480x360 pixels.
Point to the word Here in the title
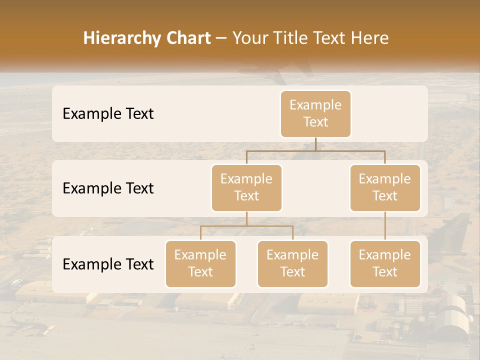tap(370, 38)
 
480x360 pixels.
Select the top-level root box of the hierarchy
tap(315, 113)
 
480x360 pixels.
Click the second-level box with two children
tap(246, 187)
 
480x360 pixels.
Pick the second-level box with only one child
tap(385, 187)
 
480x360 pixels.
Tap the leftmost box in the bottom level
tap(200, 263)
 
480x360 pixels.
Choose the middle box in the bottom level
tap(292, 263)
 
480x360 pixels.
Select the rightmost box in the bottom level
tap(385, 263)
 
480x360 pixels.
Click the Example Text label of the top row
tap(108, 114)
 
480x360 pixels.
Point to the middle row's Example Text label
tap(108, 188)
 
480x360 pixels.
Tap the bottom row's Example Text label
tap(108, 264)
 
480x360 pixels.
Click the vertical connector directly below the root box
tap(315, 144)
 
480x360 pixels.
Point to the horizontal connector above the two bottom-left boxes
tap(246, 226)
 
